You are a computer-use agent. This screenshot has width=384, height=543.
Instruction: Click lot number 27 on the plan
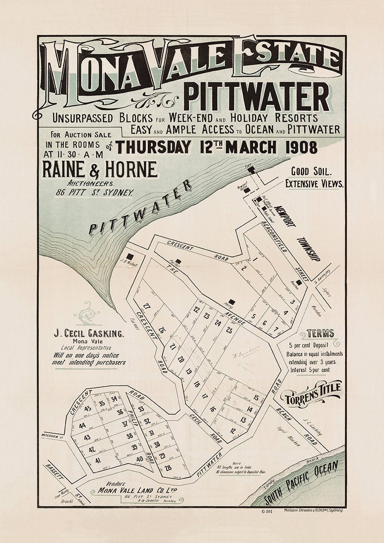(147, 306)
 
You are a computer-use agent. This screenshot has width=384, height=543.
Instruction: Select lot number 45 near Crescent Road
(88, 409)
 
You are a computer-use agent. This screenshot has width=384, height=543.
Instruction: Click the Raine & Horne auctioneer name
(100, 170)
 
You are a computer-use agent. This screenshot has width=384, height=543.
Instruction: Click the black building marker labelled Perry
(232, 301)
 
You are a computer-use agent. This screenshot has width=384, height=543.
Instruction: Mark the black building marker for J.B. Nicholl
(130, 256)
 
